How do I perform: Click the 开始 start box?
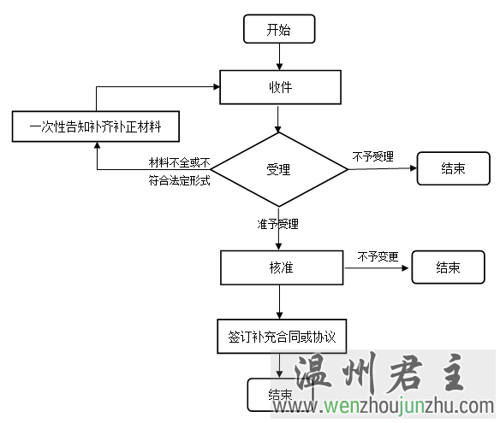coord(279,29)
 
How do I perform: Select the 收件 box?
coord(280,87)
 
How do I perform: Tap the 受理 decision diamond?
coord(279,169)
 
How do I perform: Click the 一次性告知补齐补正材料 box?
coord(96,126)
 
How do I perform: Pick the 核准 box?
coord(282,267)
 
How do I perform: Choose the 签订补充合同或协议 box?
coord(282,337)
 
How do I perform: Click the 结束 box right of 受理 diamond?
coord(453,168)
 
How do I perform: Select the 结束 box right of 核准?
coord(448,267)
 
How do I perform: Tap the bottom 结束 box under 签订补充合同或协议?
coord(280,395)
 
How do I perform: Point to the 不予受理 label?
coord(372,156)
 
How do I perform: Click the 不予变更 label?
coord(378,256)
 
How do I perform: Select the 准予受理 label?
coord(277,224)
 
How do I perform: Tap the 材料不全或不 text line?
coord(179,162)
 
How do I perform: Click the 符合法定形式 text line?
coord(179,180)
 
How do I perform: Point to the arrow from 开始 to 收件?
coord(279,56)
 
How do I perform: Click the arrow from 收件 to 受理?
coord(278,119)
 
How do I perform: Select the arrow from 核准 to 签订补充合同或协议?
coord(280,302)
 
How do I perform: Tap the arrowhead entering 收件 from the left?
coord(217,86)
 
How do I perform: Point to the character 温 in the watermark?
coord(313,373)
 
